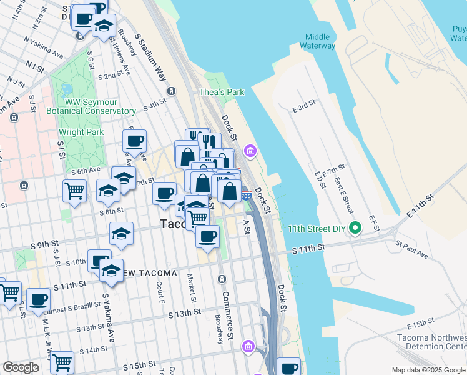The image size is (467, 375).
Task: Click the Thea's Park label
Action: pos(222,92)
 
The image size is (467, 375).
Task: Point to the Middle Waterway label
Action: pos(317,41)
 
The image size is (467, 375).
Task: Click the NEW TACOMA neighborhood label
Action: pos(152,274)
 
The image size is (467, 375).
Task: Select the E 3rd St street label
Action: pos(305,107)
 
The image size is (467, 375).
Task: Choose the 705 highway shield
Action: pos(247,196)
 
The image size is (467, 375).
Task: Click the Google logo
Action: pos(21,367)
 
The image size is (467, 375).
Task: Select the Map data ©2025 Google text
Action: pos(428,370)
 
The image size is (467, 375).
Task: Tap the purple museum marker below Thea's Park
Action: pos(250,151)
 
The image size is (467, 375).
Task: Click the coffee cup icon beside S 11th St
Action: pos(39,299)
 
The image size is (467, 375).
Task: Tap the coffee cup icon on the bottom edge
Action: pos(289,367)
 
